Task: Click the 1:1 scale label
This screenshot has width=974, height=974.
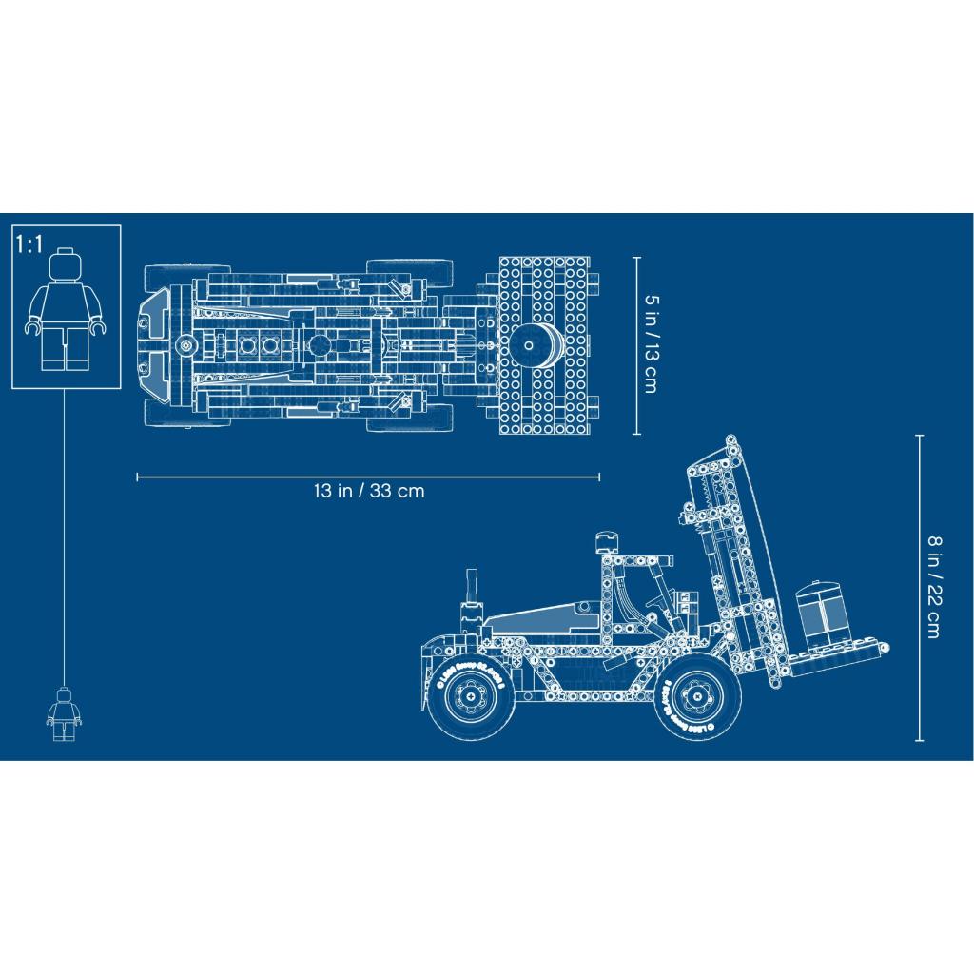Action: pos(29,244)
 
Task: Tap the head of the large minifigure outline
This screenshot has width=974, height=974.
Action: pos(66,263)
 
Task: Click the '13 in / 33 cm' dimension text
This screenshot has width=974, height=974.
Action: pos(368,492)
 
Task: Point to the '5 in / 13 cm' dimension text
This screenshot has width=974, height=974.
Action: pos(651,343)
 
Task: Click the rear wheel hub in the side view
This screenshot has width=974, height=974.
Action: pos(471,701)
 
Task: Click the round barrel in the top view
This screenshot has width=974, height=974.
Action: pos(536,343)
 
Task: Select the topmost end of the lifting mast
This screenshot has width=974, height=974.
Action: pos(730,441)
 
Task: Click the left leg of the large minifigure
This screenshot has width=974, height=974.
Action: pos(55,349)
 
